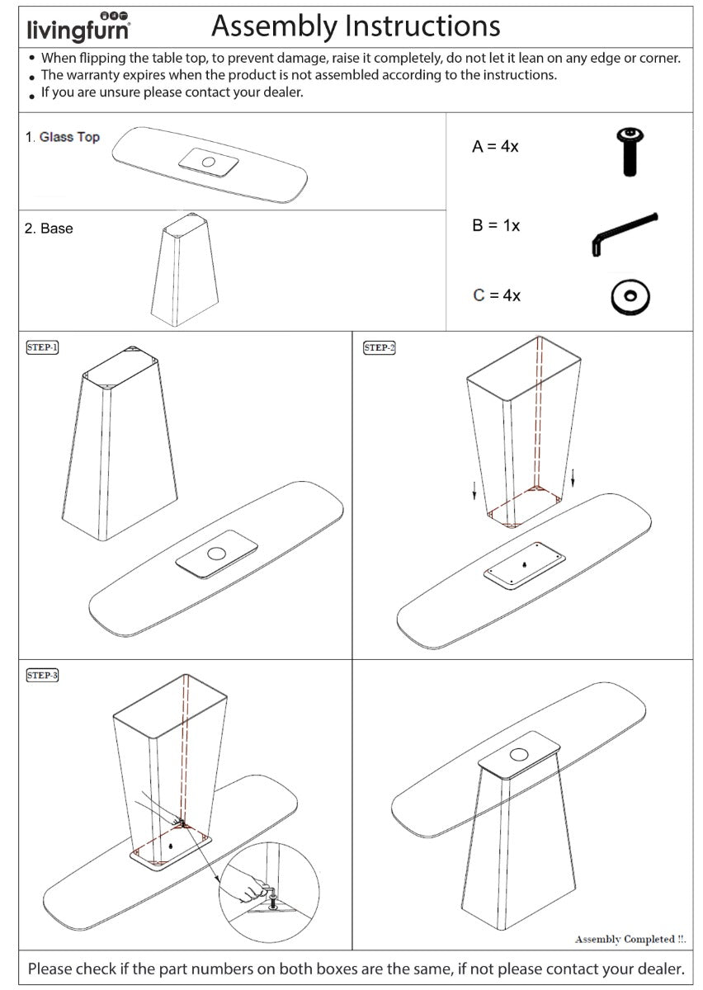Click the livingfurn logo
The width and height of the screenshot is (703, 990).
tap(78, 27)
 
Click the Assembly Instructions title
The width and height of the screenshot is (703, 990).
tap(356, 26)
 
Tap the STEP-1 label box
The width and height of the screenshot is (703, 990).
tap(43, 347)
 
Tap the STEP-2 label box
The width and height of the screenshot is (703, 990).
tap(379, 347)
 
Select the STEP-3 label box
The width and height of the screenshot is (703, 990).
tap(43, 675)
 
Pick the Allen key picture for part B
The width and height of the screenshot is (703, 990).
tap(623, 233)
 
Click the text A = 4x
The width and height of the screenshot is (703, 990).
tap(495, 147)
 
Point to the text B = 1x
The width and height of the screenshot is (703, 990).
tap(496, 225)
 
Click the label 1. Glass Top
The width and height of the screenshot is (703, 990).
tap(62, 137)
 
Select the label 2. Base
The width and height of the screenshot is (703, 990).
tap(49, 229)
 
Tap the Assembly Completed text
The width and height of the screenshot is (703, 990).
tap(631, 939)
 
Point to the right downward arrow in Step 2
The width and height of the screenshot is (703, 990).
tap(573, 478)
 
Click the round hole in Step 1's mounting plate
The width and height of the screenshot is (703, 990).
tap(217, 555)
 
